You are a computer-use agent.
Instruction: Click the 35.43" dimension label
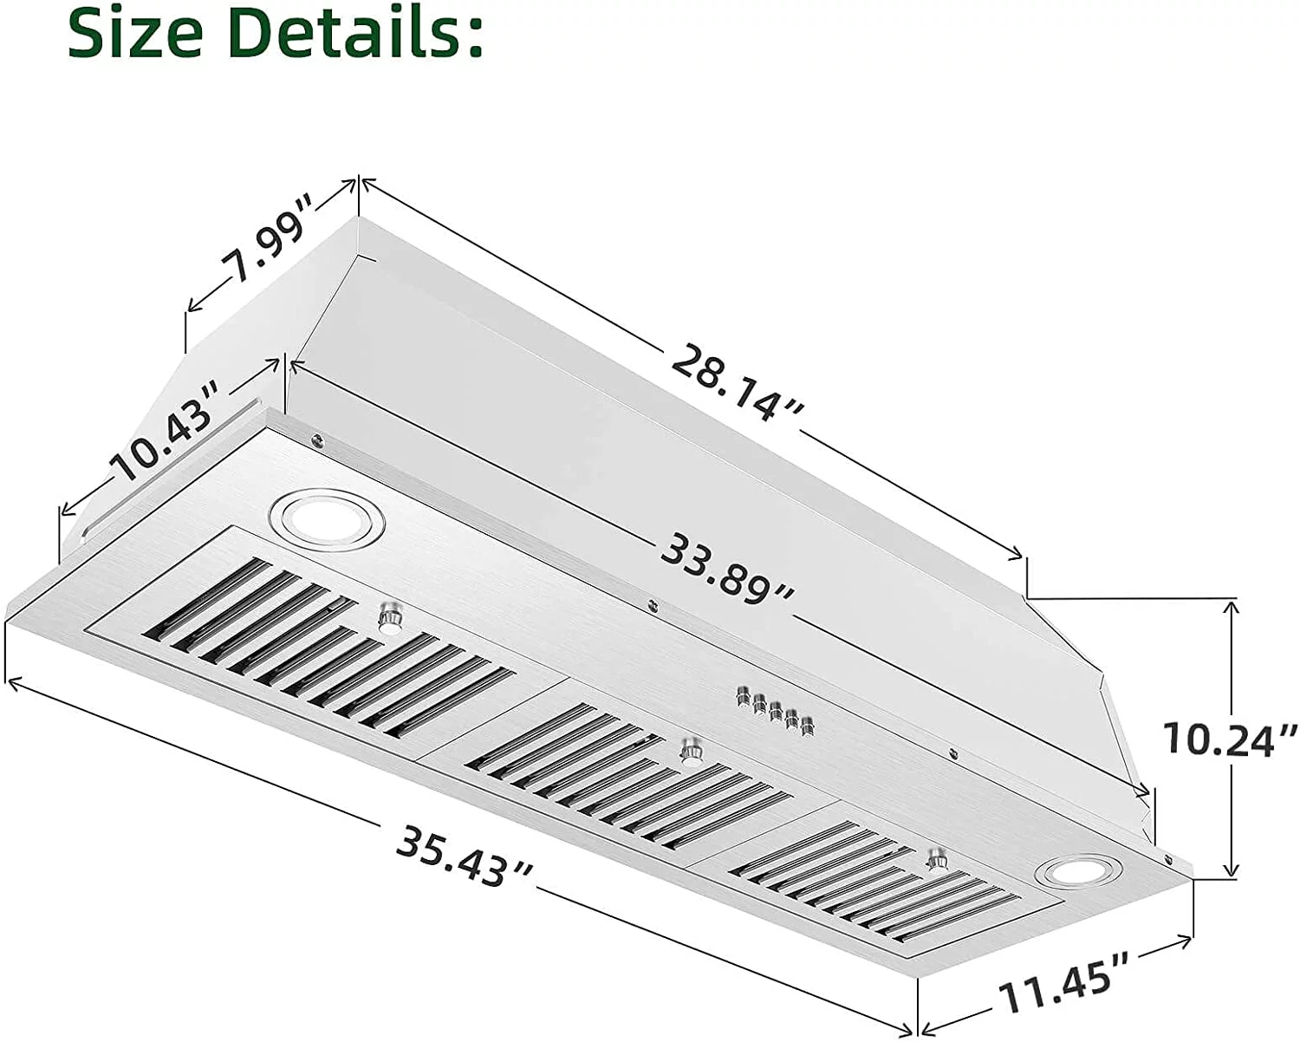(464, 855)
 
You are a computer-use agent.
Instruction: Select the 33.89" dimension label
(726, 570)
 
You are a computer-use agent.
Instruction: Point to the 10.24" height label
(1230, 739)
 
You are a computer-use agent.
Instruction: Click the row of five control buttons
(775, 711)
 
